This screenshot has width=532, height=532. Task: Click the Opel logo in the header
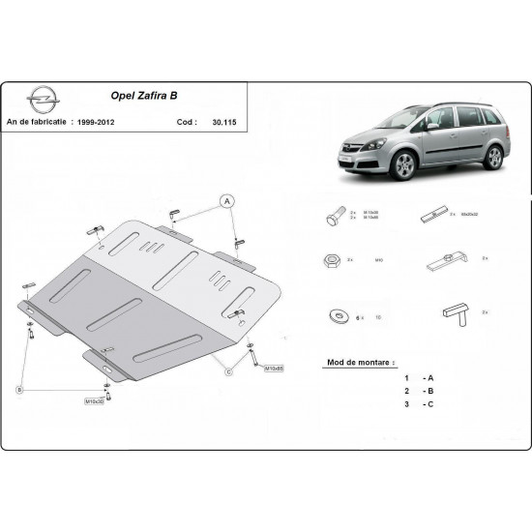tap(43, 102)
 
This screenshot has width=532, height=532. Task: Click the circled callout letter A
tap(228, 201)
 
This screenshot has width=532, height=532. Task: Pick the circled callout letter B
tap(19, 388)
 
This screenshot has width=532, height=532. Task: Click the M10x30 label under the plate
tap(96, 400)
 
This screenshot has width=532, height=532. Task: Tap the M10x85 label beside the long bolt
tap(273, 369)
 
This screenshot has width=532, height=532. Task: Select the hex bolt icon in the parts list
tap(334, 216)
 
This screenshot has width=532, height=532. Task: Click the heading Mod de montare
tap(355, 361)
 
